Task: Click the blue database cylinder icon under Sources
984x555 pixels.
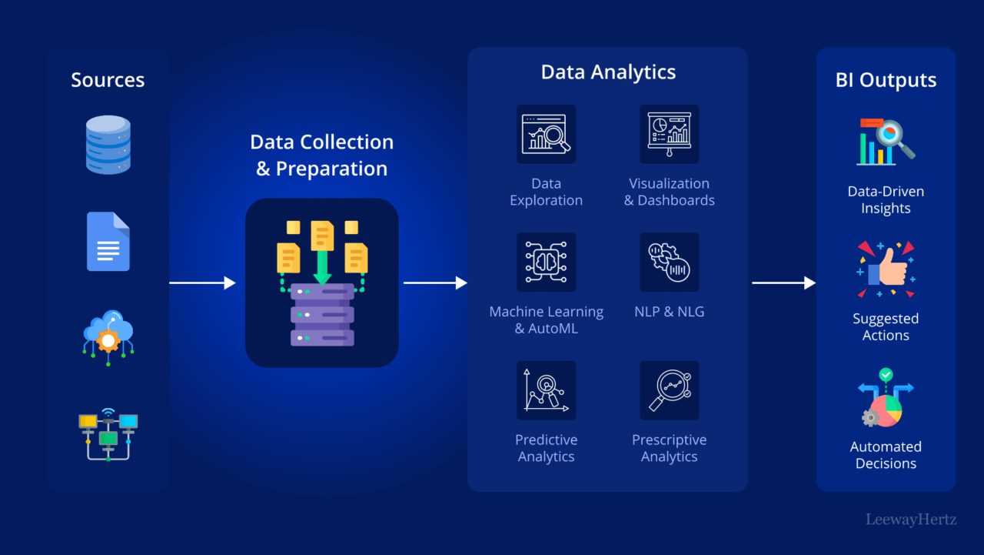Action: click(108, 145)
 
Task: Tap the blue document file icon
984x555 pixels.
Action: click(108, 241)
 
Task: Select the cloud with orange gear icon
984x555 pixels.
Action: click(108, 336)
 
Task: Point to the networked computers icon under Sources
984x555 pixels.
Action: click(108, 435)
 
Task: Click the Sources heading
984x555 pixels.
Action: click(108, 80)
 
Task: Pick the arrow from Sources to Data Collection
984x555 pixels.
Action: click(202, 283)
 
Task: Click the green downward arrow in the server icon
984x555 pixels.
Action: click(322, 266)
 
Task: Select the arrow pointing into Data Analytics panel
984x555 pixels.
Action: click(435, 283)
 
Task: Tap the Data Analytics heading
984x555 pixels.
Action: click(608, 72)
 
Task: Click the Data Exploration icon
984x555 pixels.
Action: click(546, 134)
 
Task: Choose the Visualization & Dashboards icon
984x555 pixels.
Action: click(669, 134)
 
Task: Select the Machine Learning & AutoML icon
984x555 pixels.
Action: click(546, 262)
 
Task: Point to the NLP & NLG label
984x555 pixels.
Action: click(669, 312)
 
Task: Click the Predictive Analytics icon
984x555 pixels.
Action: click(546, 390)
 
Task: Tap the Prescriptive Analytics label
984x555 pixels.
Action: click(669, 448)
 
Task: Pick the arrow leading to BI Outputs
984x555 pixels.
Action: click(783, 283)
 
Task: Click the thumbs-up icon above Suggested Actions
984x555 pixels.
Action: click(886, 269)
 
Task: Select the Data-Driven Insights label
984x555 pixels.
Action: click(886, 200)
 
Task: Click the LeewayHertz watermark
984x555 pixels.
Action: click(911, 520)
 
